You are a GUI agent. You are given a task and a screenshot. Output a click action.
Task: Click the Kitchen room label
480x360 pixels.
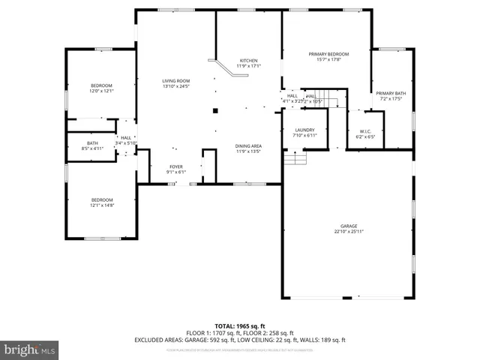[248, 60]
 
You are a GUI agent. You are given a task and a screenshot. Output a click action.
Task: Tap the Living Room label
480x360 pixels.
[176, 81]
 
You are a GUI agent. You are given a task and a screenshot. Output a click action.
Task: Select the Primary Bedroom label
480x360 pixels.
[328, 54]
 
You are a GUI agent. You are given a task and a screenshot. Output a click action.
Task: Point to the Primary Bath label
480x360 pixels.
[390, 93]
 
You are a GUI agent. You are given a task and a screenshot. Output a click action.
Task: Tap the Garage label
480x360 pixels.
[348, 226]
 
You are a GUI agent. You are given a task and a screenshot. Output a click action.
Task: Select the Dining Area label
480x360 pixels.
[248, 145]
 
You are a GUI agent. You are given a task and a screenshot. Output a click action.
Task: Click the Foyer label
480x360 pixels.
[175, 167]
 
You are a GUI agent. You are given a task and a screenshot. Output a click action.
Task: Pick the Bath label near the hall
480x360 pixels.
[92, 143]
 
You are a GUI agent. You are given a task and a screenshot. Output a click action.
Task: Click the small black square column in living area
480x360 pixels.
[215, 110]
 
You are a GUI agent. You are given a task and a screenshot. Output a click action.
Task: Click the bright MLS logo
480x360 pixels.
[30, 349]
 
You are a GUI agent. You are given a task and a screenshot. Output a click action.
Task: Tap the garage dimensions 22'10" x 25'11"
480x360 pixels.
[348, 231]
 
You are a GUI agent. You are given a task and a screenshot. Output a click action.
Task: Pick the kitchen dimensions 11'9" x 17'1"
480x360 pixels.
[248, 66]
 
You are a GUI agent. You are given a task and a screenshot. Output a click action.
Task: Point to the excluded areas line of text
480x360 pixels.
[240, 340]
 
